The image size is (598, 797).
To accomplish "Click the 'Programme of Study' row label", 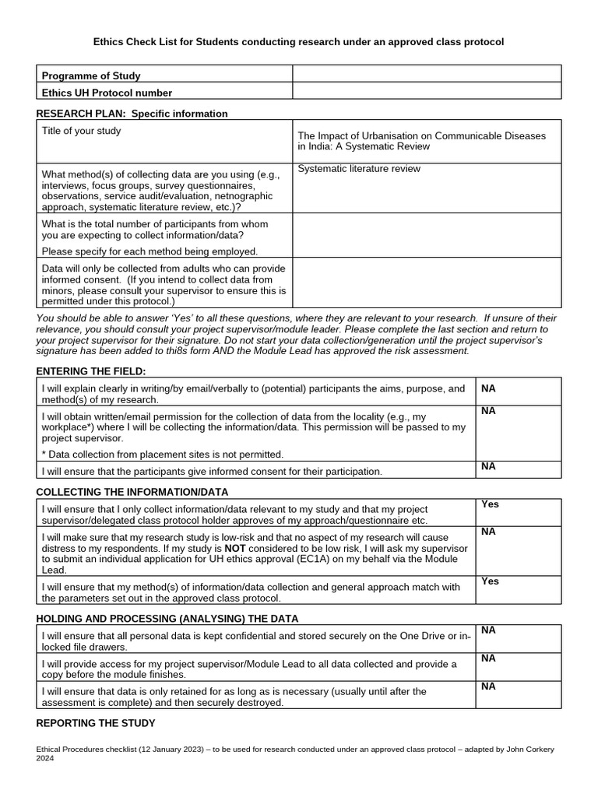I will (91, 75).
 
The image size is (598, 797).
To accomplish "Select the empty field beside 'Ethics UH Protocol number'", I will (426, 92).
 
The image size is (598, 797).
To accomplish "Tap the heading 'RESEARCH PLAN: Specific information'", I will (132, 114).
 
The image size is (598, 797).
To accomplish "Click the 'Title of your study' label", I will (81, 131).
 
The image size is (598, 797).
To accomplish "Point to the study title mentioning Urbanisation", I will (421, 141).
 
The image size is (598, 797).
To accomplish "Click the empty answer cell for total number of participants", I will (426, 234).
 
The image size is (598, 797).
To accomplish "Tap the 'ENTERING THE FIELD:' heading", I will (91, 371).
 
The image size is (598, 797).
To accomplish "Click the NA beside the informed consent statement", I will (489, 466).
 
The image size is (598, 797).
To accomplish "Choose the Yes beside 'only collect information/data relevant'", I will (490, 504).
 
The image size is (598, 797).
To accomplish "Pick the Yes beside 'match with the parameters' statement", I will (490, 581).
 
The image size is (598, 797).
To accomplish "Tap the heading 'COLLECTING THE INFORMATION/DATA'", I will (132, 492).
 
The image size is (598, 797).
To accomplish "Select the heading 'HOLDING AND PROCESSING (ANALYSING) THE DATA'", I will (167, 618).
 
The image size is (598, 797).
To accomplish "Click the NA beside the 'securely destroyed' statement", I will (489, 686).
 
